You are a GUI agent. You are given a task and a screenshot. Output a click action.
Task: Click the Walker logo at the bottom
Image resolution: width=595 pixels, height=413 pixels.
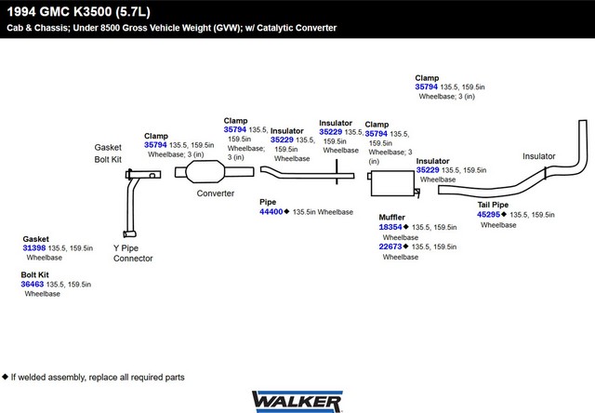[x=297, y=402]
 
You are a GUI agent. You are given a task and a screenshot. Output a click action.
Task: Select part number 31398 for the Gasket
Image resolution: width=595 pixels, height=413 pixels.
[x=34, y=247]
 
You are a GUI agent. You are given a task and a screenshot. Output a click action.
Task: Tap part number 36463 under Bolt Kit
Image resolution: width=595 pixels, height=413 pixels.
[x=33, y=284]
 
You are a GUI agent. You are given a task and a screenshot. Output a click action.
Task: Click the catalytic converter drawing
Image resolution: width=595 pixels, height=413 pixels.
[x=215, y=172]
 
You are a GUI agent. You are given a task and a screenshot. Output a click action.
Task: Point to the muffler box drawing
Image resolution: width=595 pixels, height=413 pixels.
[x=393, y=183]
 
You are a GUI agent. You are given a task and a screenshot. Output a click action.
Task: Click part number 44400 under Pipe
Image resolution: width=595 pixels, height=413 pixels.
[x=271, y=212]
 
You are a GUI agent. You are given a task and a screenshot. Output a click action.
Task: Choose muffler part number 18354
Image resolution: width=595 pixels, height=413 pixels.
[x=390, y=227]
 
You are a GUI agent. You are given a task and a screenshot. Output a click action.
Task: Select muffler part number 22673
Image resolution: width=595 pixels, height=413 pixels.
[x=390, y=246]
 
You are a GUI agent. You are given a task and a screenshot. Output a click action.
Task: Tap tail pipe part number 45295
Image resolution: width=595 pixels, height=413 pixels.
[x=488, y=215]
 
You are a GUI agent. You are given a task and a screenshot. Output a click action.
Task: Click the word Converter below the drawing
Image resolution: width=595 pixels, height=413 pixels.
[x=216, y=193]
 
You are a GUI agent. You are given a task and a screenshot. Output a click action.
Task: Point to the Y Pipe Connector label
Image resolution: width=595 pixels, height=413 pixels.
[x=133, y=253]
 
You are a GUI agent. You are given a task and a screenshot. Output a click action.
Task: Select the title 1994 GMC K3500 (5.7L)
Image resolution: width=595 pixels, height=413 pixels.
[x=78, y=12]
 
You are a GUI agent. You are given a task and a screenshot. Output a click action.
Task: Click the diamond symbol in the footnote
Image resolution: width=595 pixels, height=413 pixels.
[x=5, y=377]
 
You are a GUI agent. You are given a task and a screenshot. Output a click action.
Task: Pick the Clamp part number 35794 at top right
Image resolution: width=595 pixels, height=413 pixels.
[x=426, y=87]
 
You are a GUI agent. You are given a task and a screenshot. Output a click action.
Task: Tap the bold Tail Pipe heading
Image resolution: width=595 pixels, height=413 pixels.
[x=493, y=205]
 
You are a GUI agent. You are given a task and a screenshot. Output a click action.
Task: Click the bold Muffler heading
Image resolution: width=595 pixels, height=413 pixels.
[x=391, y=217]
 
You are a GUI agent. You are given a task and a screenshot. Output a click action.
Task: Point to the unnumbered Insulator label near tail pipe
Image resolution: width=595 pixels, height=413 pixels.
[x=539, y=156]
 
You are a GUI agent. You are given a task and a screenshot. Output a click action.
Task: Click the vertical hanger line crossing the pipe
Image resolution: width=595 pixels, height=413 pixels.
[x=337, y=172]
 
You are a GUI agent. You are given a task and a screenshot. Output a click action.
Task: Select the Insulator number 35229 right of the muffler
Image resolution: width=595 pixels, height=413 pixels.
[x=428, y=170]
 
